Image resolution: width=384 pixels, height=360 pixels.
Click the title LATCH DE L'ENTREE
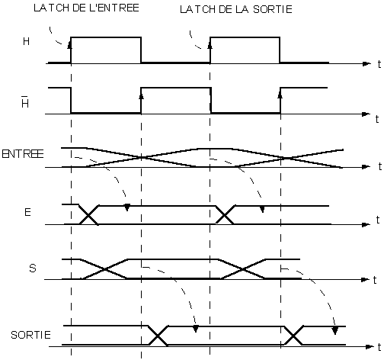tap(86, 8)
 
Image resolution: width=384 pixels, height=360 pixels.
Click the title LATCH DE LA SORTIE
tap(236, 9)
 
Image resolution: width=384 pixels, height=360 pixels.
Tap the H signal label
tap(26, 41)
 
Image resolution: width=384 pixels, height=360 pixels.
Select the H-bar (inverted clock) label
tap(25, 101)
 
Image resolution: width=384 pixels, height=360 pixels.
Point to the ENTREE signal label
tap(23, 154)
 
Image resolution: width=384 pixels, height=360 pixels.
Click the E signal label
tap(27, 212)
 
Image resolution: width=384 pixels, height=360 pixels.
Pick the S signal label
tap(33, 268)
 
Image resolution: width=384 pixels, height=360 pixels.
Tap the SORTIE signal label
tap(30, 335)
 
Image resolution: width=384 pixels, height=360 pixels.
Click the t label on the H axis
tap(379, 64)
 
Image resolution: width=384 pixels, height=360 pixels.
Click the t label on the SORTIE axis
tap(379, 347)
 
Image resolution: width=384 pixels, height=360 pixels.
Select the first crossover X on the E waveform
tap(88, 215)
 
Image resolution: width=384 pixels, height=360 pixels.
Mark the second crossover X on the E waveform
tap(225, 215)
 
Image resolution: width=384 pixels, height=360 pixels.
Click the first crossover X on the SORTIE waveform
tap(158, 336)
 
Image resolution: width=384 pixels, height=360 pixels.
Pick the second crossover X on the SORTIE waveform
tap(293, 336)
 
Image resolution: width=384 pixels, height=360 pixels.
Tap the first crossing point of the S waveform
tap(104, 269)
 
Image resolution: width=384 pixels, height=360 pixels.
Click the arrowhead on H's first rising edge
tap(69, 45)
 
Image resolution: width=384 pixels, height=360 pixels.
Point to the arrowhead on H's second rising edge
tap(210, 45)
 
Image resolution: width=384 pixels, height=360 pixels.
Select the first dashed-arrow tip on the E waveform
tap(127, 207)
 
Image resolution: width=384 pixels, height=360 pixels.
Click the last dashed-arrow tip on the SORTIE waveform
tap(335, 330)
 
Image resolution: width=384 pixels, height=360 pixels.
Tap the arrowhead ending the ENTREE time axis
tap(366, 167)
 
